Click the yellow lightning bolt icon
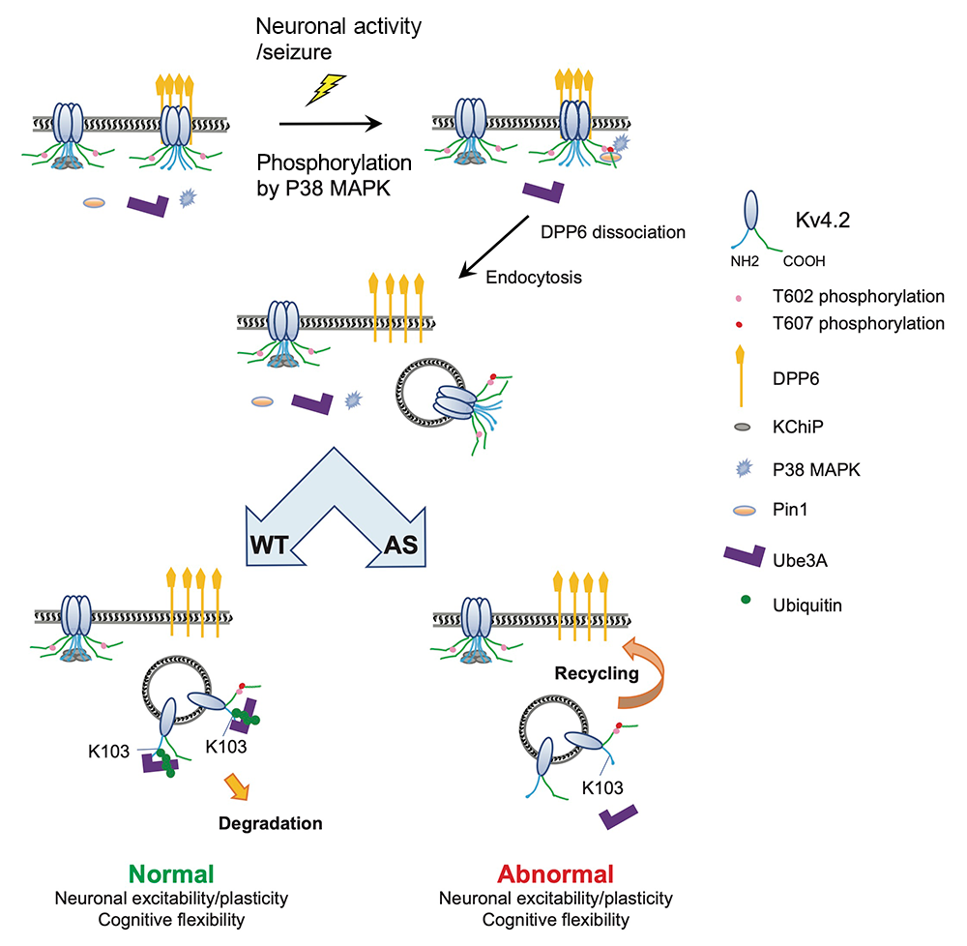[x=326, y=90]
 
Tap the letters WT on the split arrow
[x=269, y=546]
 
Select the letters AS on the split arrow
[x=401, y=546]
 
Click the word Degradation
[x=270, y=823]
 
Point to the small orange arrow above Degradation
[x=237, y=787]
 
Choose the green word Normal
[x=171, y=873]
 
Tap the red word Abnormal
[x=555, y=873]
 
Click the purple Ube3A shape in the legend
[x=745, y=555]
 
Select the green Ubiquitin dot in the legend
[x=746, y=599]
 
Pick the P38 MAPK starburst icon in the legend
[x=745, y=469]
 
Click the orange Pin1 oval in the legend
[x=745, y=510]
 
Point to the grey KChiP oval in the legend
[x=743, y=427]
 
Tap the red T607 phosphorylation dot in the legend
[x=739, y=324]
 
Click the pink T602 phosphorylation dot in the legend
[x=738, y=299]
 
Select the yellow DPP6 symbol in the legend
[x=740, y=376]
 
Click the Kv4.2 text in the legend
[x=823, y=221]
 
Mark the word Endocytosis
[x=534, y=278]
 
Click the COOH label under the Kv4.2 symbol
[x=804, y=261]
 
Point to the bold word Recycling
[x=597, y=673]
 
